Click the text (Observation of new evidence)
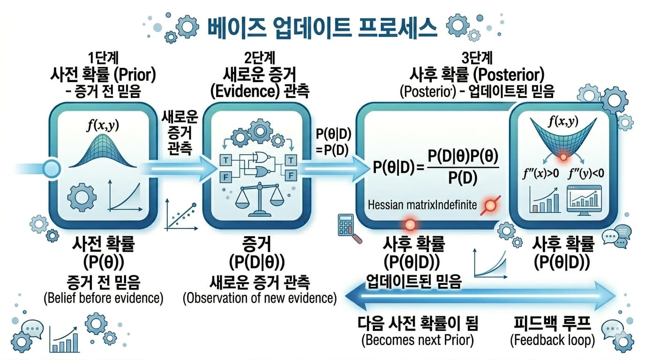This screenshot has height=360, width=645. coord(259,298)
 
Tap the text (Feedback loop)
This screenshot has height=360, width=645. coord(552,340)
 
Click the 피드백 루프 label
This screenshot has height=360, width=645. coord(552,324)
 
